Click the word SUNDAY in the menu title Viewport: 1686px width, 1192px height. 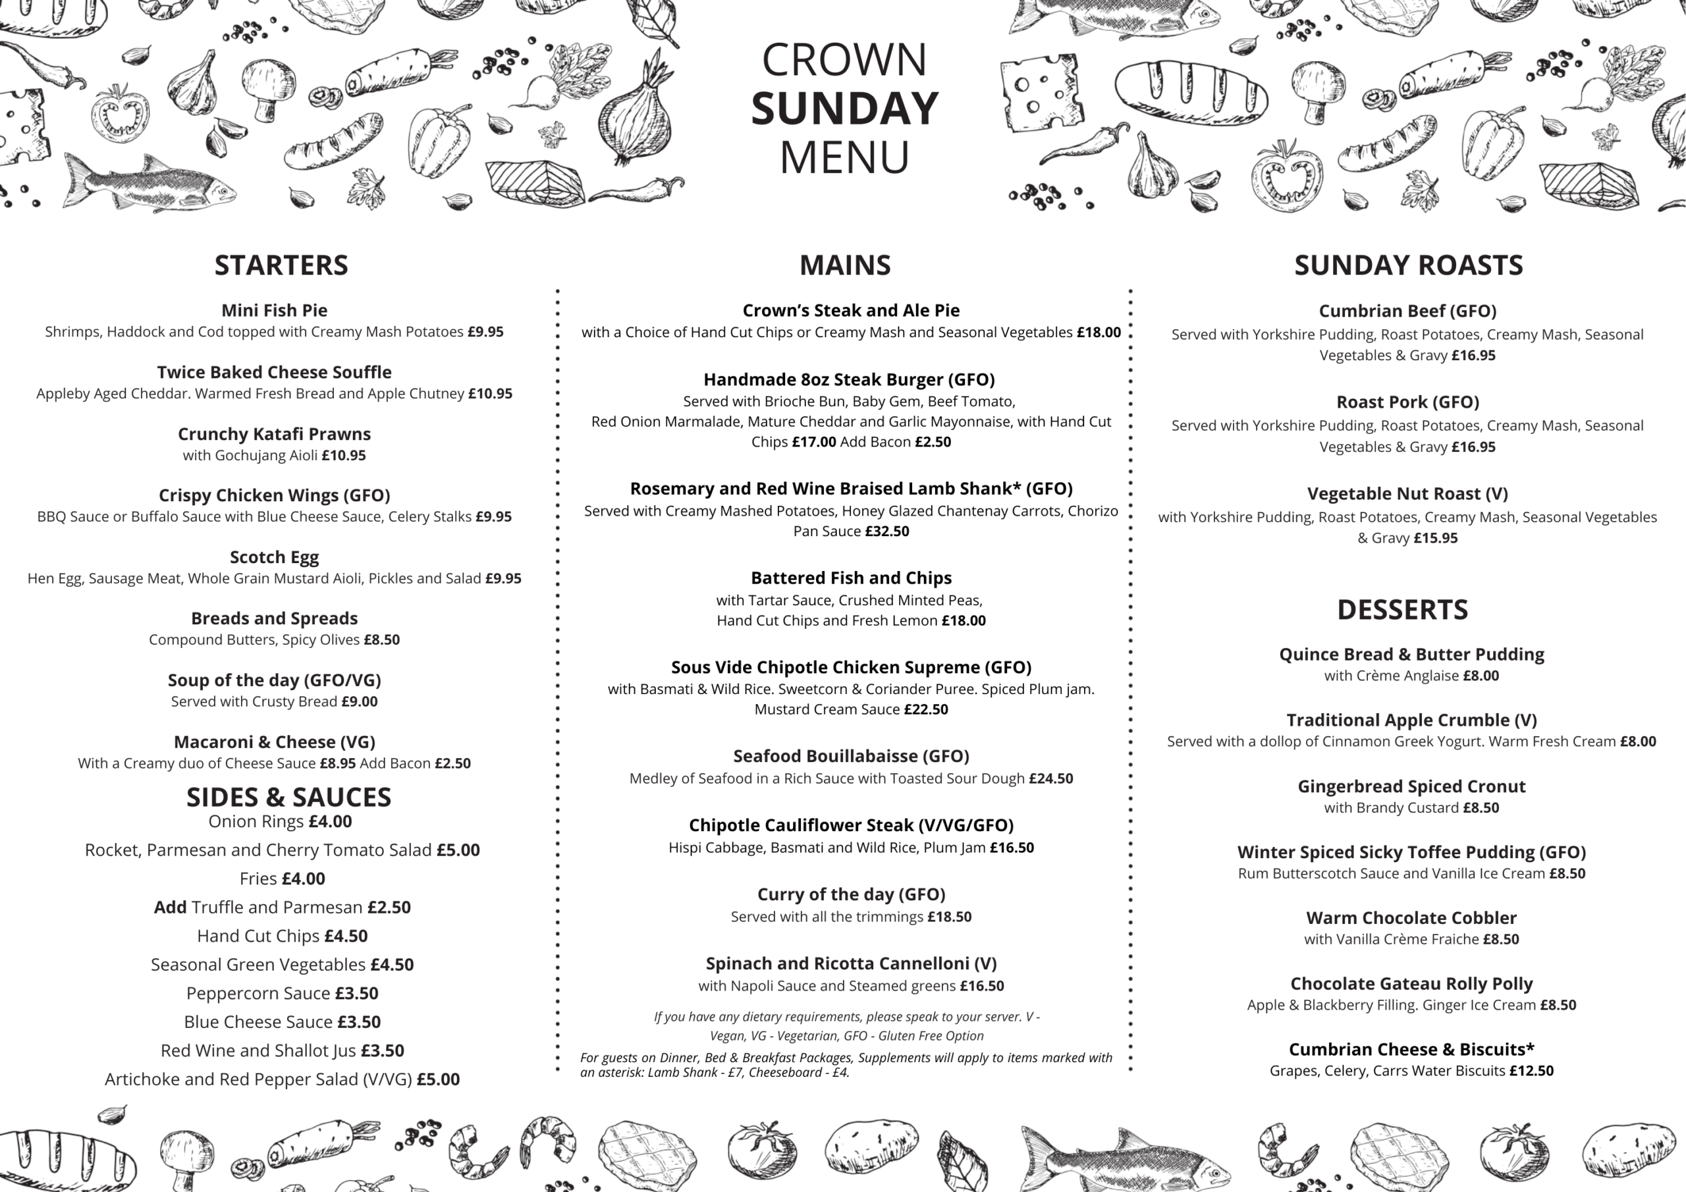point(844,109)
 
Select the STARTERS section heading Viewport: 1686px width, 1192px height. point(281,265)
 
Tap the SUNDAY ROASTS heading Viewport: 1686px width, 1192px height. point(1407,265)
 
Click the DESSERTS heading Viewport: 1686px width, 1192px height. point(1402,610)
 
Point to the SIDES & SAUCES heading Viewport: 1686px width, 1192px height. point(288,797)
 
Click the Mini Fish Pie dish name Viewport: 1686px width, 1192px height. point(274,310)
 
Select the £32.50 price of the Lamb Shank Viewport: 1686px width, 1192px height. point(886,531)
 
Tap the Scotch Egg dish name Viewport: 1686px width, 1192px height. point(274,556)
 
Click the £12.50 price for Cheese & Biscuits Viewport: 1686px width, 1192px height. point(1531,1071)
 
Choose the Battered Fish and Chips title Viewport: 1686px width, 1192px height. point(850,578)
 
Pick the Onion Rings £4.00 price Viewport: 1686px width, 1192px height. point(330,821)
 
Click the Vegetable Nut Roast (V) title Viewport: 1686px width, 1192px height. point(1407,493)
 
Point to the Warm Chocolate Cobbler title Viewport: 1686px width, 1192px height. point(1411,917)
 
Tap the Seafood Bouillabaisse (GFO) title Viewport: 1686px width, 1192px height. point(850,756)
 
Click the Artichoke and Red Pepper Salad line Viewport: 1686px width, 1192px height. point(281,1079)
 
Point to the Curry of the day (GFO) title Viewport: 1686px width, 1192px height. point(850,894)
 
